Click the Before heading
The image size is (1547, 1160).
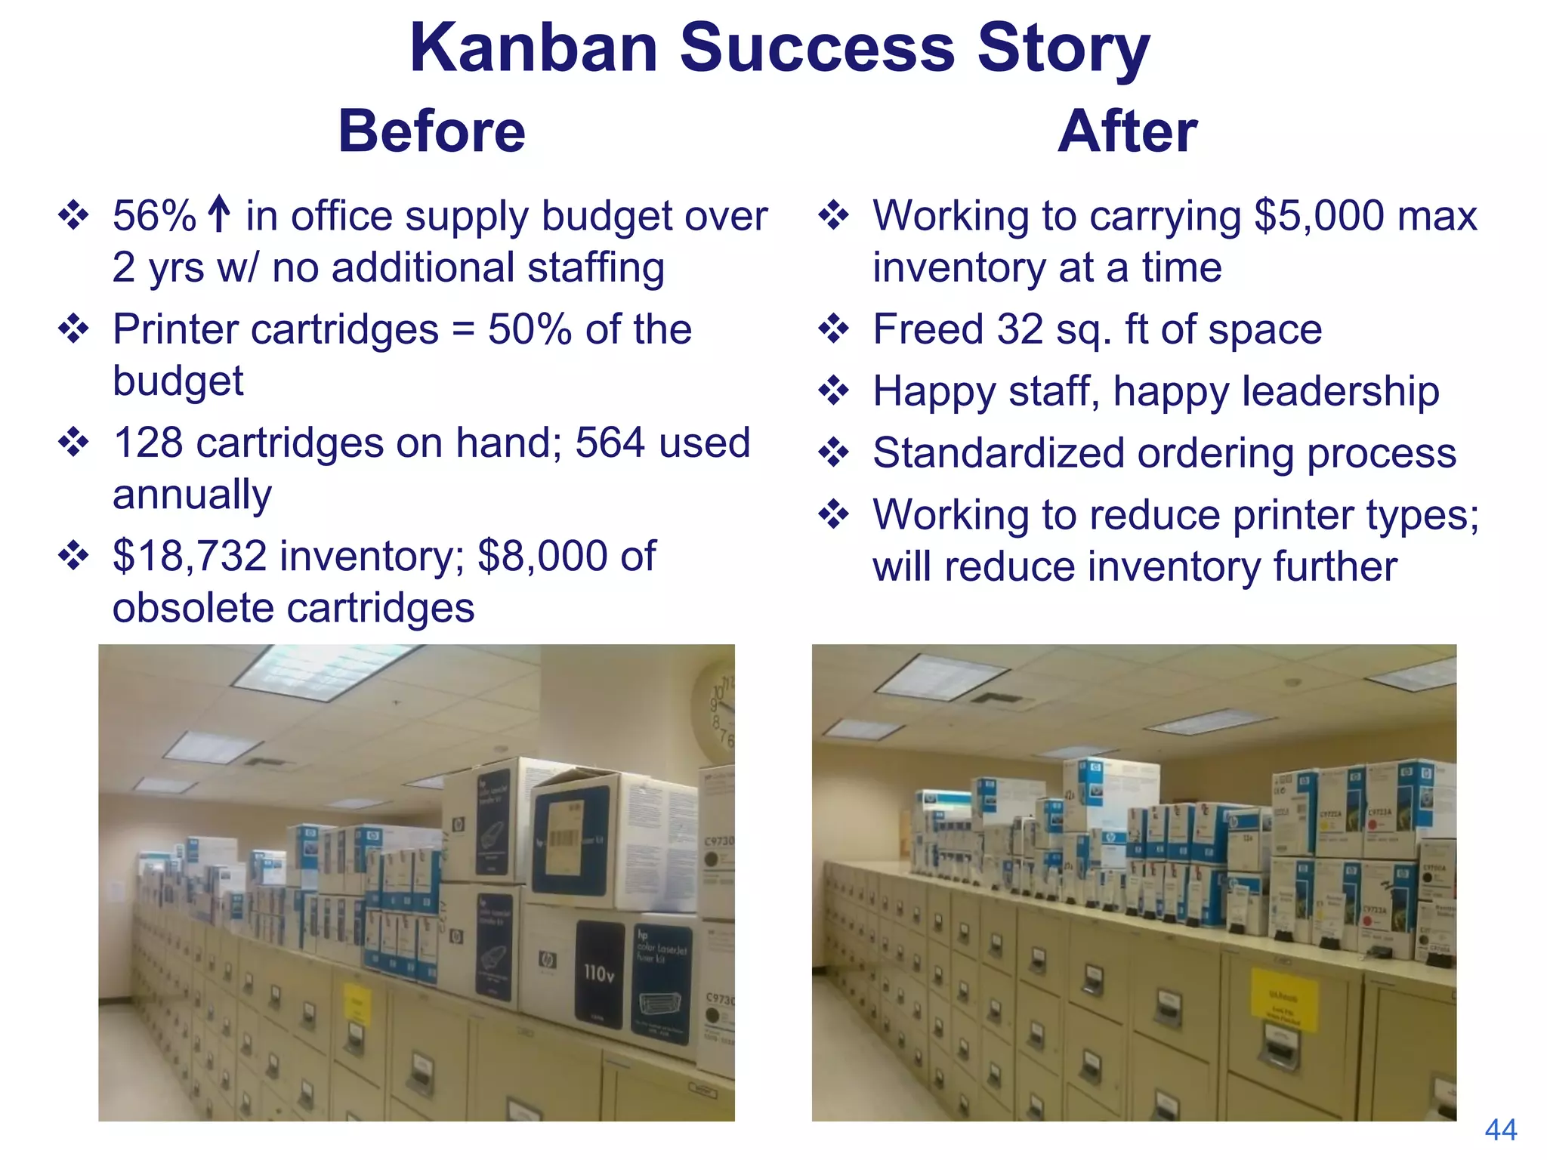pos(431,131)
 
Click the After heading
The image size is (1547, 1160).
pos(1127,131)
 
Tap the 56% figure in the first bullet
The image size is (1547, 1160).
pos(154,216)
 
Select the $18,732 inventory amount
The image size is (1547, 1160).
pos(190,557)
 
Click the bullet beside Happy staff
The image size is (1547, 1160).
pos(833,391)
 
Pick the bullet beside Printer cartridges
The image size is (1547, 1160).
pos(73,329)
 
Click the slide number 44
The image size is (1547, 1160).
pos(1500,1130)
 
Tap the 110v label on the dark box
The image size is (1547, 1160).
pos(599,973)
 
